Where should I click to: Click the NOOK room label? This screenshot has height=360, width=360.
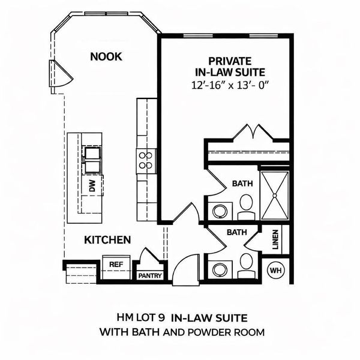[x=106, y=57]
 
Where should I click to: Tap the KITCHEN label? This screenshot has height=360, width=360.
[x=107, y=240]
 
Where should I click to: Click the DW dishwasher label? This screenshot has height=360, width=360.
[x=92, y=187]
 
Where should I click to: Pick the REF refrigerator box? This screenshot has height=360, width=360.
[x=115, y=264]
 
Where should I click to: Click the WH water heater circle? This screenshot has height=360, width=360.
[x=276, y=271]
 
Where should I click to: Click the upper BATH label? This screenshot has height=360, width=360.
[x=242, y=184]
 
